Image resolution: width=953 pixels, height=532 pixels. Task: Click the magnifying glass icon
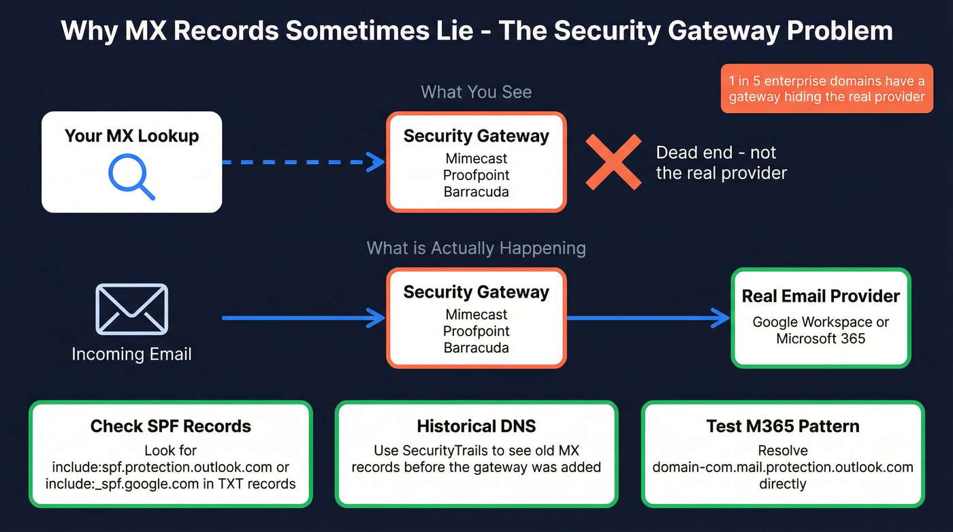pos(131,176)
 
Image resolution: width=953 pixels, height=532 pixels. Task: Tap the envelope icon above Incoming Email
pos(131,309)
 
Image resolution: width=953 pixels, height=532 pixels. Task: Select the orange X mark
pos(613,162)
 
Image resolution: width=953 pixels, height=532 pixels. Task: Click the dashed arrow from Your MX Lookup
pos(303,162)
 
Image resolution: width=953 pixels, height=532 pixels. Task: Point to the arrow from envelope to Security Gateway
pos(303,317)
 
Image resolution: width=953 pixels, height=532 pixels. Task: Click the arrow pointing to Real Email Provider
pos(647,317)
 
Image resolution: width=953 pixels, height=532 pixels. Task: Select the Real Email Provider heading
pos(820,296)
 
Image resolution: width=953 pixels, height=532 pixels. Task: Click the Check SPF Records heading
pos(171,426)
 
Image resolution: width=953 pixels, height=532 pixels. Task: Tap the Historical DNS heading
pos(476,426)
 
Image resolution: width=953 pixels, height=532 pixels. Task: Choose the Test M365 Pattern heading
pos(783,426)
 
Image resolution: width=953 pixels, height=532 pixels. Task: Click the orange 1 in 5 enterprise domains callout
pos(826,89)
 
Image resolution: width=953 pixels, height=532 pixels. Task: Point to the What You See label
pos(476,92)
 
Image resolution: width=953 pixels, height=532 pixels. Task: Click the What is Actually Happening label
pos(476,247)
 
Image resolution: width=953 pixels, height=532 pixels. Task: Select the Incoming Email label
pos(131,354)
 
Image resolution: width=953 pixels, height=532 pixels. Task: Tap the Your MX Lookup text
pos(131,136)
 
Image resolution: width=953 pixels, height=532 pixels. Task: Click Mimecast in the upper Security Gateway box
pos(476,159)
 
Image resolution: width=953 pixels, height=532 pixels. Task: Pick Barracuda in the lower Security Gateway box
pos(476,347)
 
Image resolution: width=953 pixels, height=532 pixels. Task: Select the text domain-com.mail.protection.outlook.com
pos(783,467)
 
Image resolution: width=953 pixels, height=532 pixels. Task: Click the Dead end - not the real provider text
pos(721,162)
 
